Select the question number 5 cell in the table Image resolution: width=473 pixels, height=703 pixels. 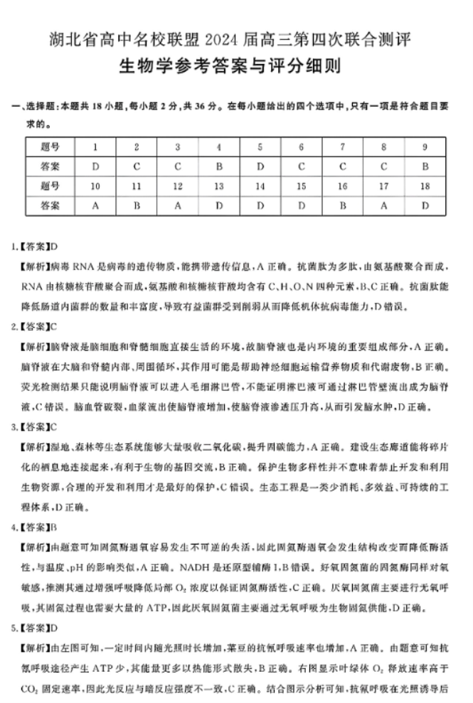260,147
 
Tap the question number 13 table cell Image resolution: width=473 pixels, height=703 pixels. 219,186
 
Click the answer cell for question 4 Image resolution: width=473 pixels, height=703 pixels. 219,166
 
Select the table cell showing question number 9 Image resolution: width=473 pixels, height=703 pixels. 425,147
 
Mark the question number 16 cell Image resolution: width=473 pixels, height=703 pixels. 343,186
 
